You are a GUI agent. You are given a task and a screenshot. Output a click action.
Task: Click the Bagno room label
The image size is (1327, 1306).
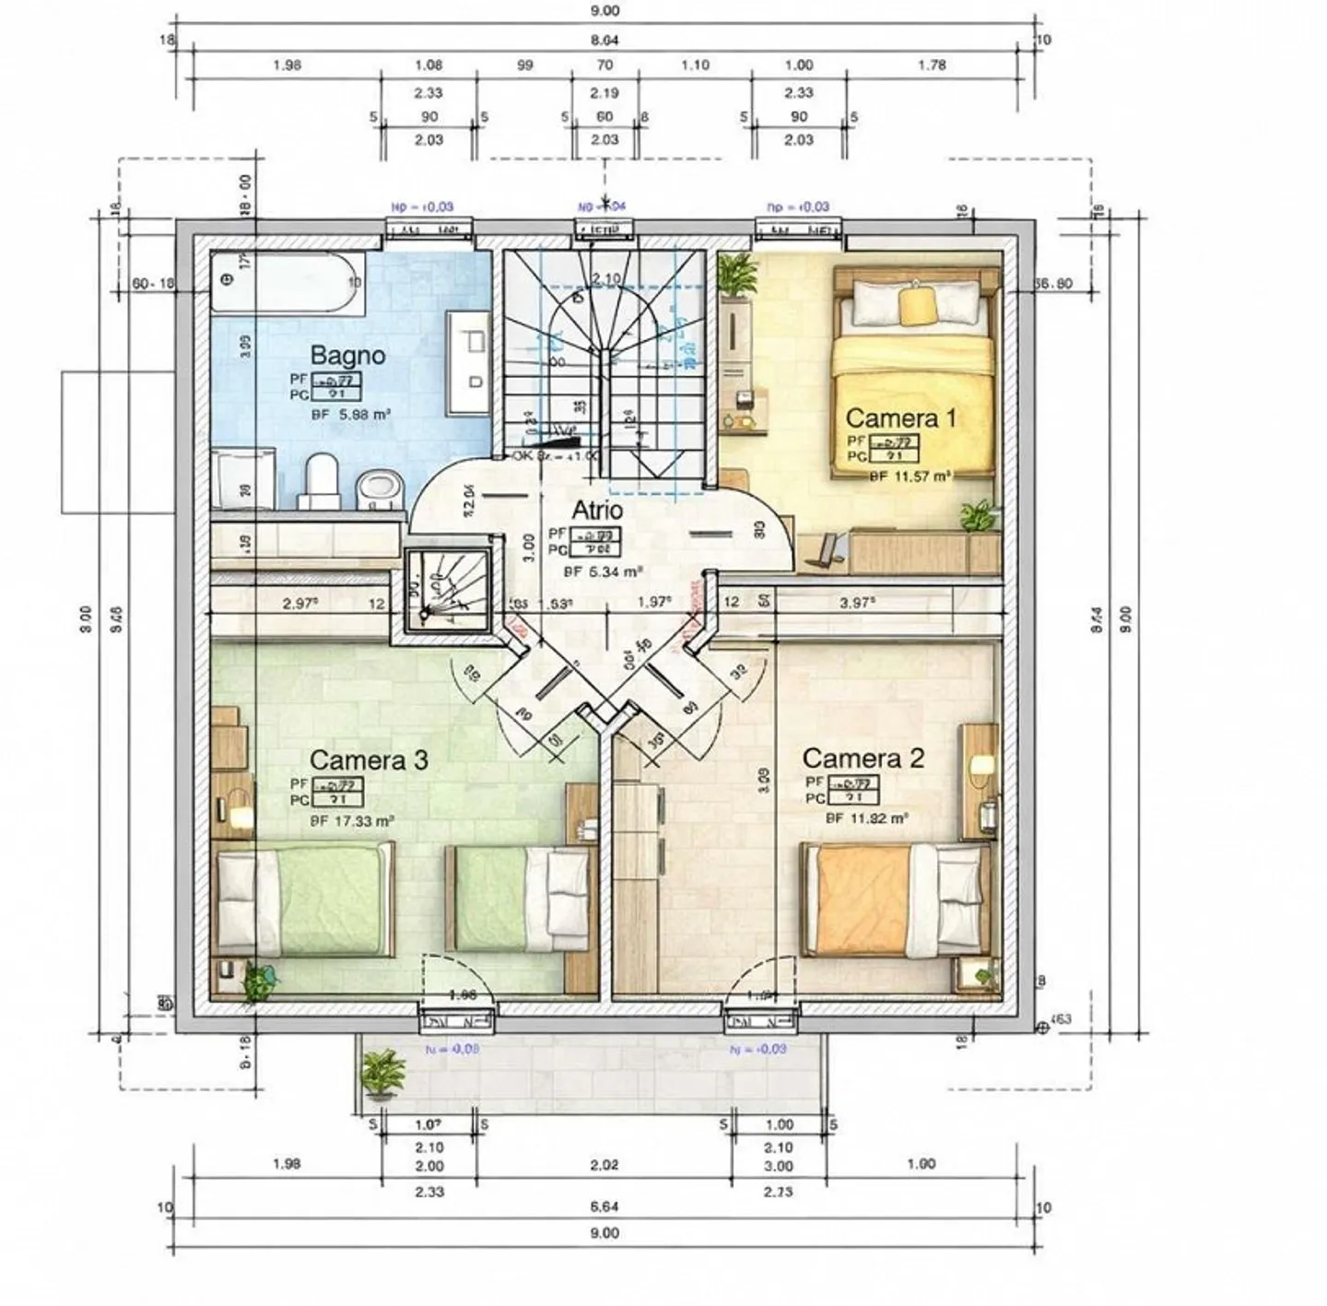[347, 355]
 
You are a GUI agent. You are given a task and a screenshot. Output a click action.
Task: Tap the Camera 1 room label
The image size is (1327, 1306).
[900, 418]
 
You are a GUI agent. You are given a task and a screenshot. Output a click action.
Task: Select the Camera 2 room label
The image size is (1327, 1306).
[863, 759]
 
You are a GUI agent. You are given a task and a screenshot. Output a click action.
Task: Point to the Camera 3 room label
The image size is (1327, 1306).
[369, 760]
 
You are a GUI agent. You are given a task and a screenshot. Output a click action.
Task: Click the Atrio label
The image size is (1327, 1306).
[597, 510]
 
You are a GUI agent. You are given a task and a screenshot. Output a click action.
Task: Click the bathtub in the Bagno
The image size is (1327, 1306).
[287, 284]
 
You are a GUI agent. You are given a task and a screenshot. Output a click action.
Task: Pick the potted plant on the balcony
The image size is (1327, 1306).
[382, 1074]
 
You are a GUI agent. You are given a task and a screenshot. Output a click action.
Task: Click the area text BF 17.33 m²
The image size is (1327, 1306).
[352, 820]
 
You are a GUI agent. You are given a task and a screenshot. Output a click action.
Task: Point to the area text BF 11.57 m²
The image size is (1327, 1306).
[910, 477]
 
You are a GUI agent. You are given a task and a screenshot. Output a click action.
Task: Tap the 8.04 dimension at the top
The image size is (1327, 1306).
[604, 40]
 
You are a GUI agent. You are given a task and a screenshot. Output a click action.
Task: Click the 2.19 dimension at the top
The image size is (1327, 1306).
[605, 92]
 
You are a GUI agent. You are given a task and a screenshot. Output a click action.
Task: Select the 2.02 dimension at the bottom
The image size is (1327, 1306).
[604, 1165]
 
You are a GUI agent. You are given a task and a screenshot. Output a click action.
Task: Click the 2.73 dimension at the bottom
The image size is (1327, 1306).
[779, 1192]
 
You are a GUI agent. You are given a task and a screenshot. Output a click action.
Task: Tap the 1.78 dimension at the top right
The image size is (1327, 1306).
[932, 65]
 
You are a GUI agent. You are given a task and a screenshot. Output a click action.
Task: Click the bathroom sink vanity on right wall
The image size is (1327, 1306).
[468, 362]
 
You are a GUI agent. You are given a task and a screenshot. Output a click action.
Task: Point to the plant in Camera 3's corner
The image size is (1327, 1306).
[259, 982]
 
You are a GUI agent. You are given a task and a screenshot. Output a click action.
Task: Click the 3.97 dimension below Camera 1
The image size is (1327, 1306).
[856, 603]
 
